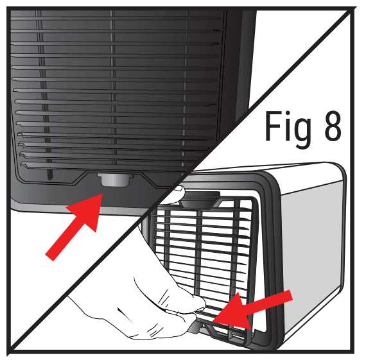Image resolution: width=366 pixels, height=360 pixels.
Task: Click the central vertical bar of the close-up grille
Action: coord(113,96)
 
